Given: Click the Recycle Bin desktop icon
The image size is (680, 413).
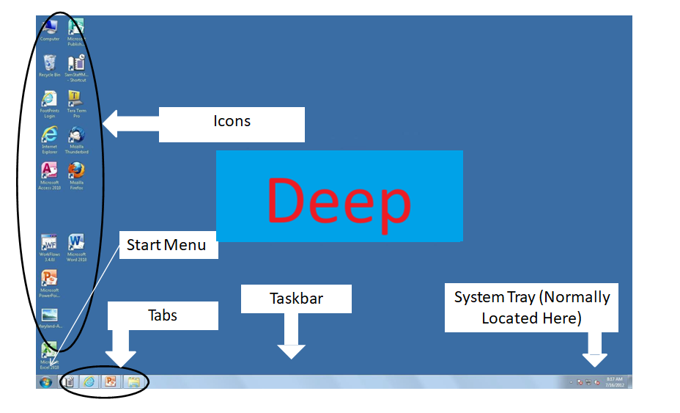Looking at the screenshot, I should coord(50,64).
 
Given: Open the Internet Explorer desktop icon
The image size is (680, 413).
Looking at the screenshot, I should coord(50,135).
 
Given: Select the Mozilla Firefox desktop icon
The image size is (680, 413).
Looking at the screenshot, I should coord(76,172).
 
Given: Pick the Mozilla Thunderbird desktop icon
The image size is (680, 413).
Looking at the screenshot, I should coord(76,135).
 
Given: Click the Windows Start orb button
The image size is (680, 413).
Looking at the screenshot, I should coord(46,381).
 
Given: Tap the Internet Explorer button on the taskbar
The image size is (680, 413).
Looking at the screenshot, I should coord(89,381).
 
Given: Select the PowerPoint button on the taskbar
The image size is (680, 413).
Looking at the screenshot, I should coord(111,381).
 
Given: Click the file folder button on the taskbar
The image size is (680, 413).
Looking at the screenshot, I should coord(133,381).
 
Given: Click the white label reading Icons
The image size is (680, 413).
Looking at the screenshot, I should coord(232,122).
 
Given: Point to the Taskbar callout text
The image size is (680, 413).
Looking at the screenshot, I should coord(296,299).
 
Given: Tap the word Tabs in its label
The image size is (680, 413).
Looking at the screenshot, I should coord(163,315).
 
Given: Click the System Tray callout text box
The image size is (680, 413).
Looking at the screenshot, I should coord(531,307).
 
